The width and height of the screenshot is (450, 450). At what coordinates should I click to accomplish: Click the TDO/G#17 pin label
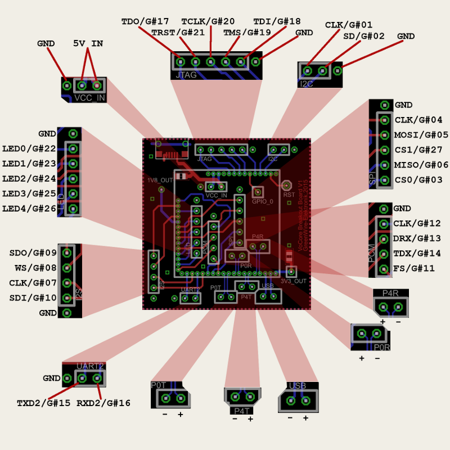point(145,21)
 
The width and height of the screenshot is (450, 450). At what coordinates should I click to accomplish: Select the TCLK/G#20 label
point(208,21)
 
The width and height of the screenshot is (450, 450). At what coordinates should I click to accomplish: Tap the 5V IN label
point(88,43)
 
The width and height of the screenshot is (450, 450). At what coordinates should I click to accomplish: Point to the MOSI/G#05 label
point(421,135)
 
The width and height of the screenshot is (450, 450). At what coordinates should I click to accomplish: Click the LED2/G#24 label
point(29,179)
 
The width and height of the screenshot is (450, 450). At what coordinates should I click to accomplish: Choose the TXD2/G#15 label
point(44,403)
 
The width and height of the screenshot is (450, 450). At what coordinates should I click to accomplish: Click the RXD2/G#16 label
point(103,403)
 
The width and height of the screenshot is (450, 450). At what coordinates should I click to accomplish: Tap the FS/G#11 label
point(414,268)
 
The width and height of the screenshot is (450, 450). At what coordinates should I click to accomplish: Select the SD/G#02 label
point(364,36)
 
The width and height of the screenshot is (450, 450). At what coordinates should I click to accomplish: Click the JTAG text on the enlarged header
point(186,74)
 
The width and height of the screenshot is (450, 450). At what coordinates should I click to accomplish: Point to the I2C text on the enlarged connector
point(307,84)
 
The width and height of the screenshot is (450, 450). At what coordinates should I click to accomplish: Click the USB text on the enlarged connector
point(297,386)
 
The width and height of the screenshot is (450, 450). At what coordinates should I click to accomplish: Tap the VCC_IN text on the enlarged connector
point(89,98)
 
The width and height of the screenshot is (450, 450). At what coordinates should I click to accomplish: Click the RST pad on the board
point(286,185)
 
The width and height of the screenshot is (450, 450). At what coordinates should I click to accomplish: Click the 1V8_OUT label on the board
point(160,181)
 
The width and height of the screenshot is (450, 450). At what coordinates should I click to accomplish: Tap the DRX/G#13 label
point(417,238)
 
